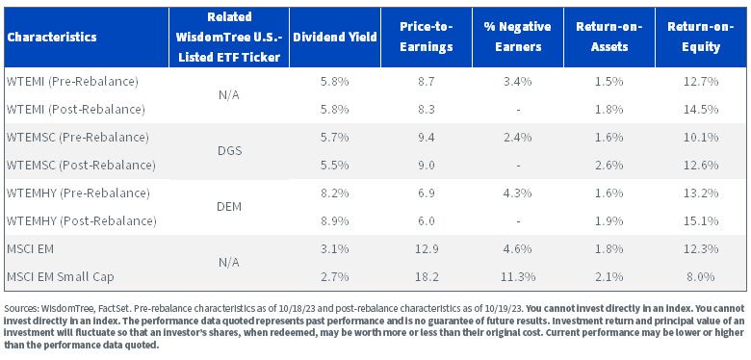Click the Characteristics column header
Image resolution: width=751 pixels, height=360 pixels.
point(52,37)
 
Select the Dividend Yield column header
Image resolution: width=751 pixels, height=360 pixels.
point(335,37)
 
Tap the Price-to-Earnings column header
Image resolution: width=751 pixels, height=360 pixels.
point(427,37)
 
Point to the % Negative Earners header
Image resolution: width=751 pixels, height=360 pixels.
point(517,37)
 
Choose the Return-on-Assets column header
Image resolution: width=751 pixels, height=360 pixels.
point(609,37)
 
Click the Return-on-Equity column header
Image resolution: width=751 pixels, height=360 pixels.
point(701,37)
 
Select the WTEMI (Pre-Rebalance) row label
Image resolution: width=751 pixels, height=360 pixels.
point(72,82)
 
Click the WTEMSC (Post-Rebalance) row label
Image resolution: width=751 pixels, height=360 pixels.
point(81,166)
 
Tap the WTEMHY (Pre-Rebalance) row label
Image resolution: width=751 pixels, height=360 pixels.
point(78,193)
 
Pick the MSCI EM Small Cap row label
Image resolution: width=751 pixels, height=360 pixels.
point(61,277)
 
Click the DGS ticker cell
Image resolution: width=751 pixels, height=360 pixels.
point(229,151)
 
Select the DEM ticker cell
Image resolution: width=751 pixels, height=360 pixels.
point(229,207)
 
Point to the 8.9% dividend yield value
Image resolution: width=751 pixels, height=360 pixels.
point(335,221)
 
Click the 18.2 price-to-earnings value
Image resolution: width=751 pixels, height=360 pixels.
point(427,277)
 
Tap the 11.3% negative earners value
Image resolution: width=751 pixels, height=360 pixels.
point(517,277)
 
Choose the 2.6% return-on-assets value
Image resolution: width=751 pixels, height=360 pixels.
point(609,166)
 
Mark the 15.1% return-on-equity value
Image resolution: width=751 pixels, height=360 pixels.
point(701,221)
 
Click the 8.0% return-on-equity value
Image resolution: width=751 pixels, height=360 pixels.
point(701,277)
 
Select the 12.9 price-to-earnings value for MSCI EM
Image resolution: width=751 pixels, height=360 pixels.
point(427,249)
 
